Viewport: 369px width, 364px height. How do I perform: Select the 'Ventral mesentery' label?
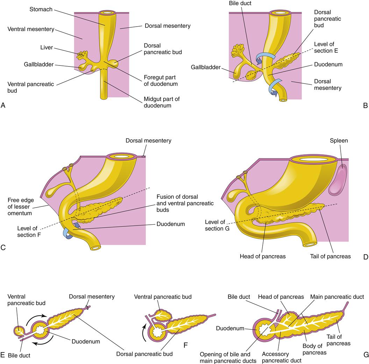[31, 29]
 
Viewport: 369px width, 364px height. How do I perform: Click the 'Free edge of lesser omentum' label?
[23, 206]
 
